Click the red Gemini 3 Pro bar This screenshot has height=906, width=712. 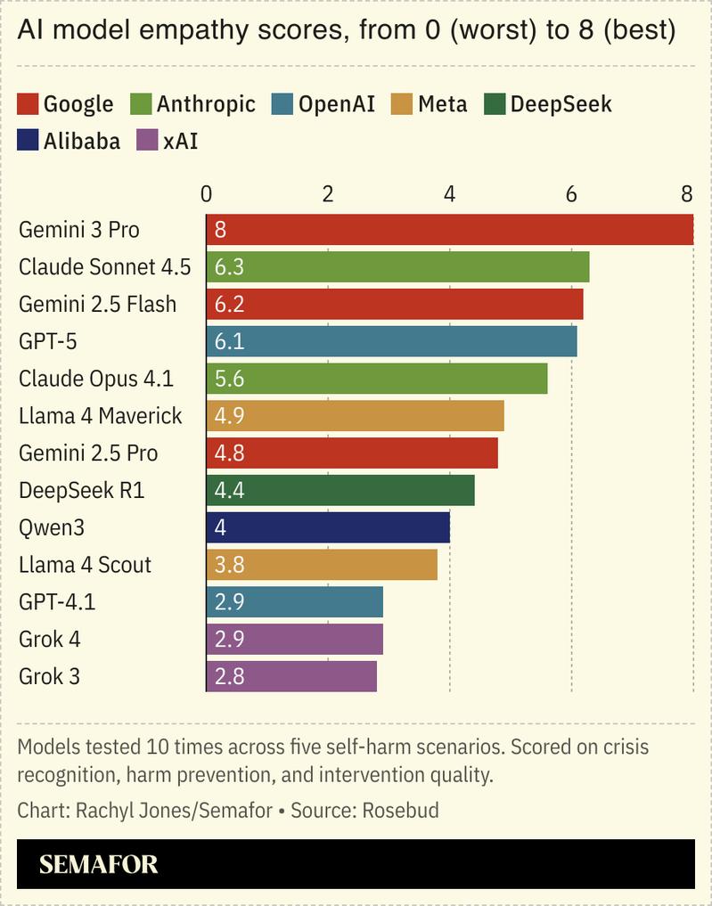tap(450, 230)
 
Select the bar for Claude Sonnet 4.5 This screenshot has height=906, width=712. tap(397, 267)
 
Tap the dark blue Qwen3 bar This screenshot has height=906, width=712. tap(328, 527)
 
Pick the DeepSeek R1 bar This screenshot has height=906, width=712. tap(340, 490)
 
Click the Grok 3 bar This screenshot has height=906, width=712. tap(291, 676)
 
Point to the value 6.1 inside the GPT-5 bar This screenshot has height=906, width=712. tap(229, 342)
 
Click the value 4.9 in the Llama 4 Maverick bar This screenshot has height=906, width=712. tap(229, 416)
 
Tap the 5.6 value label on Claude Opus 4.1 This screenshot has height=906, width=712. tap(229, 379)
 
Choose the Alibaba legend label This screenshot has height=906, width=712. tap(82, 141)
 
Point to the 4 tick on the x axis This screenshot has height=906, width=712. tap(449, 194)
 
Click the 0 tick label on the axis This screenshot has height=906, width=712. tap(207, 194)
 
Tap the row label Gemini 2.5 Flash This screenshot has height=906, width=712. tap(98, 305)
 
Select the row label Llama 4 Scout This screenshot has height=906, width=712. tap(86, 565)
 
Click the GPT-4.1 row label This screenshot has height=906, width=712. tap(57, 602)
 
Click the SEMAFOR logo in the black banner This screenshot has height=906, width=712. tap(99, 863)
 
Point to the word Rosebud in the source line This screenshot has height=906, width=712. tap(403, 811)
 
